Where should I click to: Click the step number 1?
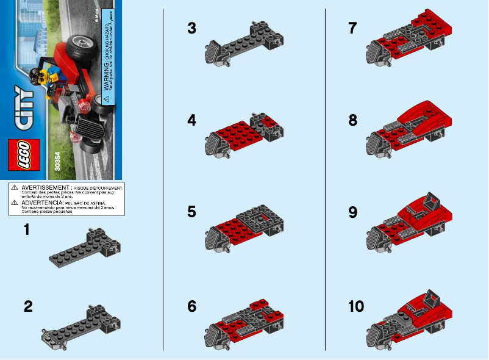point(27,230)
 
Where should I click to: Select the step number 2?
point(28,307)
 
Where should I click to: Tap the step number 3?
point(192,28)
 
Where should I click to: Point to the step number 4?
point(192,121)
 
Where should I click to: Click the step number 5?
point(192,212)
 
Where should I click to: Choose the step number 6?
point(192,306)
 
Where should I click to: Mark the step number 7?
point(352,28)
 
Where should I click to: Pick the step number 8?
point(352,121)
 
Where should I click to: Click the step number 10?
point(355,306)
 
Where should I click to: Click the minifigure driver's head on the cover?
point(37,77)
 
